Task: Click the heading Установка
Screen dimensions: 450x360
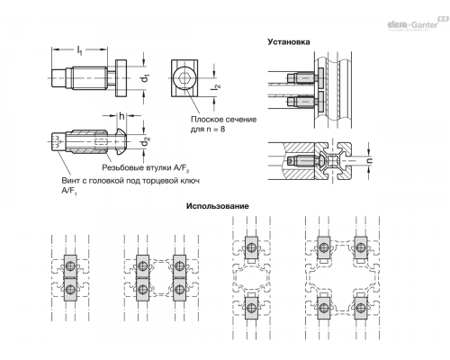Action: [x=289, y=42]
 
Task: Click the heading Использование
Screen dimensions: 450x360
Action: [x=218, y=206]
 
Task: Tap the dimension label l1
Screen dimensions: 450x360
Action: [x=79, y=50]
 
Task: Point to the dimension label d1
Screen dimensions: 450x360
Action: [x=145, y=78]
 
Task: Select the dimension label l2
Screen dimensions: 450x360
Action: [x=217, y=86]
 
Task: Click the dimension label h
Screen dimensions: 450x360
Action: [x=121, y=116]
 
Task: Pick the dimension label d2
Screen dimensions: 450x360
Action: [x=146, y=142]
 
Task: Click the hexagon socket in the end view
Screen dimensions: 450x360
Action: [x=184, y=78]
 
